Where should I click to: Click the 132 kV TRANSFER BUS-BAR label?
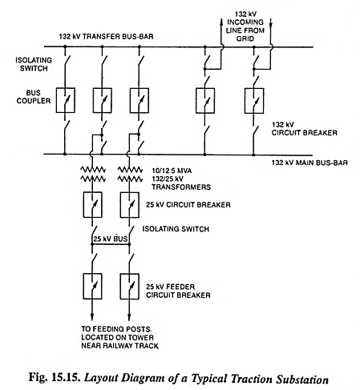[106, 36]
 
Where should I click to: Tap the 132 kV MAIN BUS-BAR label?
[309, 163]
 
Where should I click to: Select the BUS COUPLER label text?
[34, 97]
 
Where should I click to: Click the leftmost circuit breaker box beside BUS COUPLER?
[65, 100]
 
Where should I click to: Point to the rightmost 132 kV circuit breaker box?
[254, 101]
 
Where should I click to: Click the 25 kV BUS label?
[110, 239]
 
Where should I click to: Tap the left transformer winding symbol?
[93, 174]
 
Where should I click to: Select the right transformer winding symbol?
[130, 174]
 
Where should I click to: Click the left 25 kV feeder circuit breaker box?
[92, 286]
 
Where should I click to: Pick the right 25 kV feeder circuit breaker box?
[129, 286]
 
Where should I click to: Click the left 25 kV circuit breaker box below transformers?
[92, 205]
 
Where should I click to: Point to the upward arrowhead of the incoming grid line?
[221, 22]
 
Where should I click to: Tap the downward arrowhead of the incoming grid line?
[271, 23]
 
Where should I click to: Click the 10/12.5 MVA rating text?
[172, 171]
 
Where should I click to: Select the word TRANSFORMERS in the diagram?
[181, 187]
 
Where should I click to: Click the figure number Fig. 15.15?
[55, 378]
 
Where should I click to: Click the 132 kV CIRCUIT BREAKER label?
[305, 129]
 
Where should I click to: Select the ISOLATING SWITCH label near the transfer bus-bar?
[34, 64]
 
